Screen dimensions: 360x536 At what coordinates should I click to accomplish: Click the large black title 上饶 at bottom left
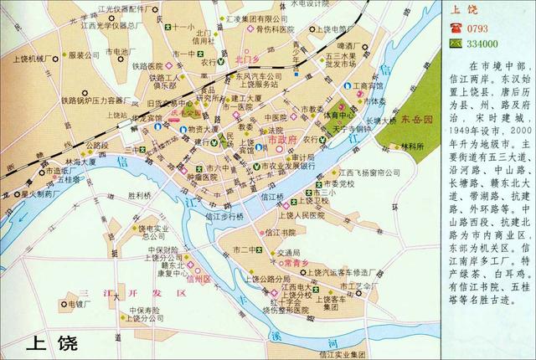[x=49, y=342]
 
